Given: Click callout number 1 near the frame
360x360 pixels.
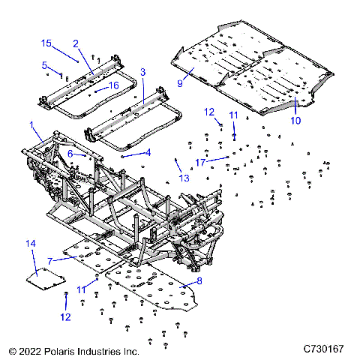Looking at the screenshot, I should (31, 124).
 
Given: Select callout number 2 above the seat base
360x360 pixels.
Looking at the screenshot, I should (76, 43).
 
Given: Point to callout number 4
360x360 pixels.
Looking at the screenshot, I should (148, 152).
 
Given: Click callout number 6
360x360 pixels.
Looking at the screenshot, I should (70, 153).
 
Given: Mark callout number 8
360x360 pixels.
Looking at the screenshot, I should (199, 281).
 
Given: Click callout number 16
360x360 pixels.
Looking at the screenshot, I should (115, 86).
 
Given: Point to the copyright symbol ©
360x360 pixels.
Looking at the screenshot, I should (13, 350).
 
